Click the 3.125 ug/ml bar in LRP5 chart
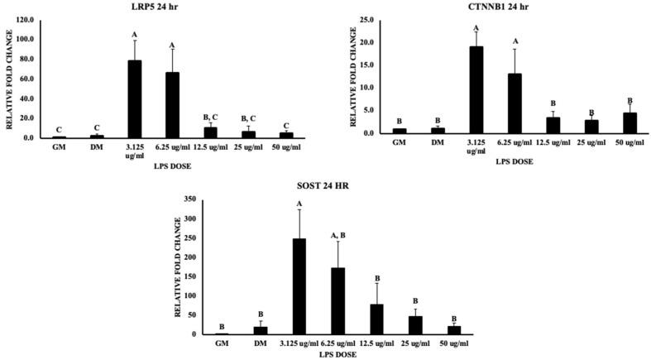[x=134, y=99]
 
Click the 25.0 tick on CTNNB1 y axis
[x=367, y=19]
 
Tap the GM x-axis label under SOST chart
[x=221, y=343]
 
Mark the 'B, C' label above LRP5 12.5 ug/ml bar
[x=210, y=117]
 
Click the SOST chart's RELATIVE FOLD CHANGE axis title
[x=176, y=267]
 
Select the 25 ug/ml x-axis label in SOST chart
[x=415, y=343]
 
